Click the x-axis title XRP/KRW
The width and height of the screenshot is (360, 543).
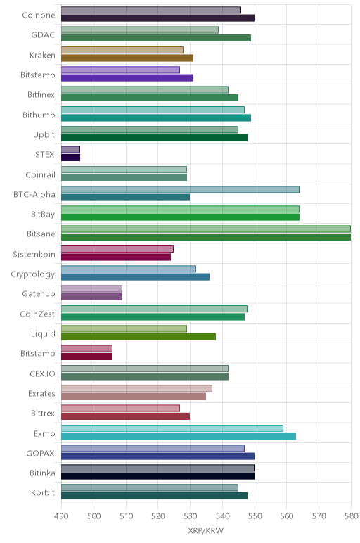205,530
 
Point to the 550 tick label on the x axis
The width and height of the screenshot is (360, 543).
255,516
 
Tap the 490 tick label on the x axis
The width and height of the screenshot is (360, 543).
61,516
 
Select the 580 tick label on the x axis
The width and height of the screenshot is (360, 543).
351,516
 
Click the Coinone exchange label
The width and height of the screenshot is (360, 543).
39,15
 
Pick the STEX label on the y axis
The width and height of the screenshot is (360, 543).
45,154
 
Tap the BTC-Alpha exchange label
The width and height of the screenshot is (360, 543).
34,194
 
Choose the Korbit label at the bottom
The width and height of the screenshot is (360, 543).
43,492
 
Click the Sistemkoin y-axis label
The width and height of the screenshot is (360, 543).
34,254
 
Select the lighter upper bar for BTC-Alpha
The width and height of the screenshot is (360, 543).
180,189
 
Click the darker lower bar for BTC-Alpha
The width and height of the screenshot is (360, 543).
125,198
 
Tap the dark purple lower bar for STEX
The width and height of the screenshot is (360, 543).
70,158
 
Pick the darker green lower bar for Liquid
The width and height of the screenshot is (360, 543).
139,337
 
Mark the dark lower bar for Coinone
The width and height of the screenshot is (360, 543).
157,18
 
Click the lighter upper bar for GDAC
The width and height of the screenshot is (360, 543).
140,30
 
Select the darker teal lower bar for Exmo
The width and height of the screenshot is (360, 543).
179,436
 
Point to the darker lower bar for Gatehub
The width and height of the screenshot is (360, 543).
91,297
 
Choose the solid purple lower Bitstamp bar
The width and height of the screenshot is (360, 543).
127,77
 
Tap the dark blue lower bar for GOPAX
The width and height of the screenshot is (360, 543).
157,456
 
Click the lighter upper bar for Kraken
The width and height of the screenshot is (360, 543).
122,50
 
